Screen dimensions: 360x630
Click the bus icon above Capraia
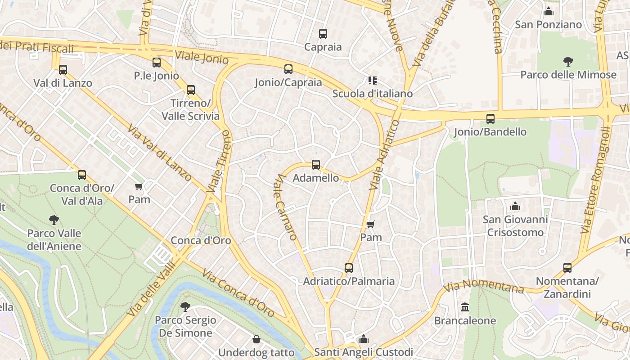click(323, 33)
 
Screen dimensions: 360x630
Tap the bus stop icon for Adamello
click(316, 165)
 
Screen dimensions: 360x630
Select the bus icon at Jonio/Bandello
click(490, 119)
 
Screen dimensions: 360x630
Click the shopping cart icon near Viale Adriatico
click(371, 224)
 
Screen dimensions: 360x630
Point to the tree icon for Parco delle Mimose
click(568, 62)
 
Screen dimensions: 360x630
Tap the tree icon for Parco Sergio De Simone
click(185, 307)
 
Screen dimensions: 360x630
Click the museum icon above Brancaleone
click(465, 307)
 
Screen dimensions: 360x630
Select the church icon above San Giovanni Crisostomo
click(515, 207)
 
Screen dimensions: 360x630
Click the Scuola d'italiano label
click(372, 94)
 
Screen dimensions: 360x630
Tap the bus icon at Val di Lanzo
click(63, 70)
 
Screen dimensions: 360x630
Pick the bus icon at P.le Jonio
click(157, 63)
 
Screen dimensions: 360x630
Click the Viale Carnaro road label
click(285, 207)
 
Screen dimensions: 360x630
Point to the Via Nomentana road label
click(483, 286)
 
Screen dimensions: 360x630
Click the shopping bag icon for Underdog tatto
click(256, 339)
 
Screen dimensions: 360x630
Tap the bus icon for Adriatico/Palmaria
click(349, 268)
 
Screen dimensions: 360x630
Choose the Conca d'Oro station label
click(201, 240)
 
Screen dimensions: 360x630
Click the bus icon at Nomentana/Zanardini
click(567, 268)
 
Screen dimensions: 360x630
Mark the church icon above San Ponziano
click(549, 11)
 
